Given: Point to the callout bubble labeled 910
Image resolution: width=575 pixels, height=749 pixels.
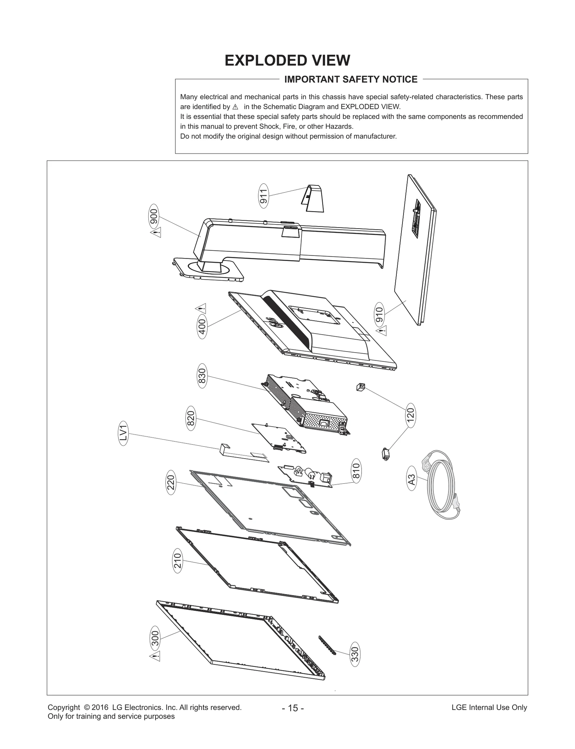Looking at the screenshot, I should tap(379, 313).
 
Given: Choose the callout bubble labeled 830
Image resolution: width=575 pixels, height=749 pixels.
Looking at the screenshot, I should tap(202, 377).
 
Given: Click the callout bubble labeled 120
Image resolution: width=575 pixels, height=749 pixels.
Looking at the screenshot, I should tap(410, 415).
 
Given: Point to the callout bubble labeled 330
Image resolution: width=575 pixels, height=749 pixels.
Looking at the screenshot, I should tap(355, 654).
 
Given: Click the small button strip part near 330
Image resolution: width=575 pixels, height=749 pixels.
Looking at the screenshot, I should tap(327, 645).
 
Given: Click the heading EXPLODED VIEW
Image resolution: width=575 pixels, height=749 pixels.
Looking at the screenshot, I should tap(287, 60).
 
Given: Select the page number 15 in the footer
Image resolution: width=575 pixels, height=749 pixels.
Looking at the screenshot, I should tap(293, 708).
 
